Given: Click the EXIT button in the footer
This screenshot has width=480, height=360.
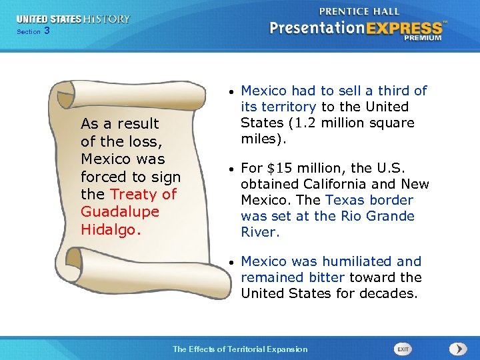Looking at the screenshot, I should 403,349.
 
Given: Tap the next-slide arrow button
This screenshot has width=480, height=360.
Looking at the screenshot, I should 458,349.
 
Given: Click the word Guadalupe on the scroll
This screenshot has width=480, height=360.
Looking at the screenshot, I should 120,212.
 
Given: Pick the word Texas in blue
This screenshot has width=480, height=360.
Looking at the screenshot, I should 344,200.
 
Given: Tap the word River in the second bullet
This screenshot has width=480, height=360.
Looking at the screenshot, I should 260,232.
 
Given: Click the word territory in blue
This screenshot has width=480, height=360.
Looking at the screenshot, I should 288,107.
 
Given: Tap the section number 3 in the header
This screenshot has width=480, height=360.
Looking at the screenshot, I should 46,31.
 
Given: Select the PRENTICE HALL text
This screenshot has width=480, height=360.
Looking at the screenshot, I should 361,11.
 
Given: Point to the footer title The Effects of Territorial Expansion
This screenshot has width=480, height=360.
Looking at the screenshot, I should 240,349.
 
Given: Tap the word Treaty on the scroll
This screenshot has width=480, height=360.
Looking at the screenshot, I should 134,194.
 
